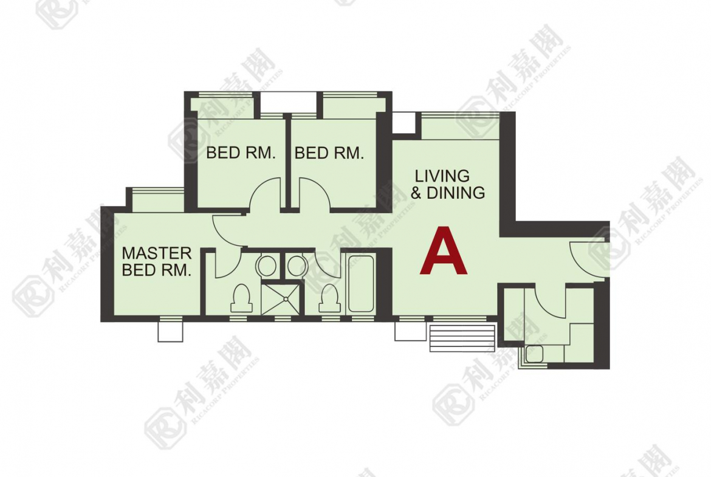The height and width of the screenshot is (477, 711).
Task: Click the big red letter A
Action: point(443,251)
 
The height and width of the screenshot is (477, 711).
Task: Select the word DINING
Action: point(456,193)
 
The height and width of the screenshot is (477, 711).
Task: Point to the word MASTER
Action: point(157,253)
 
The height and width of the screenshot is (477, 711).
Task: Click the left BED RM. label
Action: point(241,153)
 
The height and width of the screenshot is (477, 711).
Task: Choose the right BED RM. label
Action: point(329,153)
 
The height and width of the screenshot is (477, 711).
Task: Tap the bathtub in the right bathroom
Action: point(361,284)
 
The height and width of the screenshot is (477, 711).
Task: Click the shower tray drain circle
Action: point(285,299)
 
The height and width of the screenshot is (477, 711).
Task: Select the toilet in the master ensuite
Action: point(241,298)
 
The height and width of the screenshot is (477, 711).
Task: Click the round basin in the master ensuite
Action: point(267,266)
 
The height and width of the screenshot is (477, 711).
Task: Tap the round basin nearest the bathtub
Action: point(297,266)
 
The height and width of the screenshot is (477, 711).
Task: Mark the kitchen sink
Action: point(535,353)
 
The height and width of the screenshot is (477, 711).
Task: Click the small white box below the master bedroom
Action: point(171,331)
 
